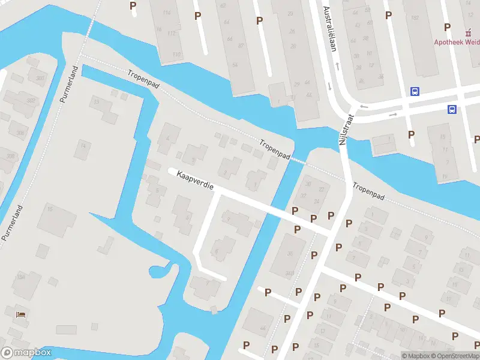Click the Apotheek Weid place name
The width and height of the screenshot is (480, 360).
(x=457, y=42)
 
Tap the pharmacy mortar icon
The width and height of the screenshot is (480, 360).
(x=469, y=32)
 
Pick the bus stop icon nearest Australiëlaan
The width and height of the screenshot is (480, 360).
(x=415, y=92)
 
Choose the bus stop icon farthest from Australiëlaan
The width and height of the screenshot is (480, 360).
(x=452, y=109)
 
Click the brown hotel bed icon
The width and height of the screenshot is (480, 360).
(x=22, y=314)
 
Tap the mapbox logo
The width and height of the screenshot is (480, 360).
(x=26, y=353)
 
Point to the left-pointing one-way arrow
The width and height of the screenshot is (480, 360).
(x=362, y=106)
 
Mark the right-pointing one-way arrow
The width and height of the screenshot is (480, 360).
(x=394, y=114)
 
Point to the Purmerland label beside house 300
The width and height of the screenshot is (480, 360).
(x=70, y=85)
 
